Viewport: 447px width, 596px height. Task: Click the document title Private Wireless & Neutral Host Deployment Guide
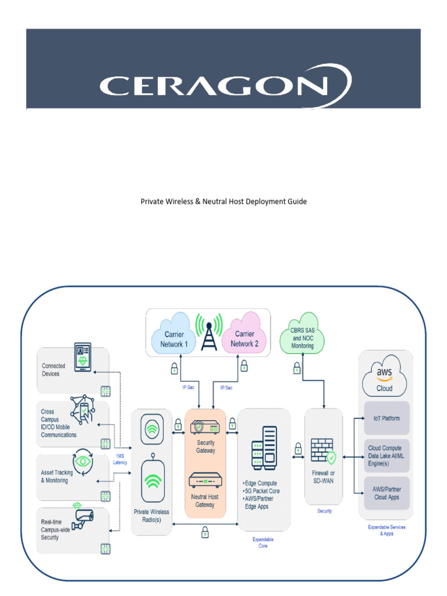(x=223, y=201)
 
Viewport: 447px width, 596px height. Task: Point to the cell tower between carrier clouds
(x=209, y=332)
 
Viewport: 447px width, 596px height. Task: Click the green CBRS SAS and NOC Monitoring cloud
(x=302, y=338)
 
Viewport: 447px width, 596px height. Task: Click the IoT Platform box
(x=386, y=418)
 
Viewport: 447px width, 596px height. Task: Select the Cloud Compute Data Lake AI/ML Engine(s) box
(x=386, y=455)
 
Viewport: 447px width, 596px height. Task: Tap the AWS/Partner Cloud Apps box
(x=386, y=494)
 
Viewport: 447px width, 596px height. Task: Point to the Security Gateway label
(x=205, y=446)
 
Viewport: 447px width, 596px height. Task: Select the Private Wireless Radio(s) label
(x=151, y=516)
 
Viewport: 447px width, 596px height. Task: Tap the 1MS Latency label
(x=120, y=458)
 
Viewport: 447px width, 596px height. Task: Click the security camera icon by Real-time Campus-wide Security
(x=81, y=518)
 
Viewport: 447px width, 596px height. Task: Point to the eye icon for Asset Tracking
(x=82, y=461)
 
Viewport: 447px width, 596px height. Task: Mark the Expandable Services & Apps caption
(x=386, y=530)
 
